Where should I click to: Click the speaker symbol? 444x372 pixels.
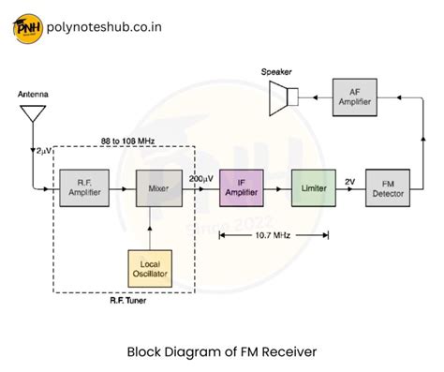click(x=282, y=96)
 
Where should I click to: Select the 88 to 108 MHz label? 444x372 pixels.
click(x=127, y=141)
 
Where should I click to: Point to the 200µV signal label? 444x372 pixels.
click(x=200, y=177)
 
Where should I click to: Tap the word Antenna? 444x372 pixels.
click(x=33, y=96)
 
